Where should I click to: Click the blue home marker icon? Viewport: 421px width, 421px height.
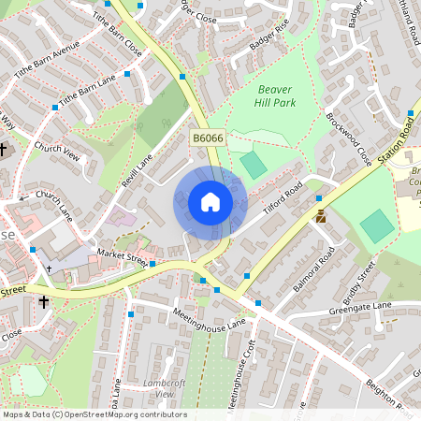(x=210, y=202)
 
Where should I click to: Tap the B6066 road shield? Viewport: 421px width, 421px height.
(x=208, y=138)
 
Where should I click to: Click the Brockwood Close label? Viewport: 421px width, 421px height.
(x=348, y=138)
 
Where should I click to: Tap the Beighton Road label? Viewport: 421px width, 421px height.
(x=389, y=399)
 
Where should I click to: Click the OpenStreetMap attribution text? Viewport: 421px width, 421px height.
(x=94, y=414)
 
